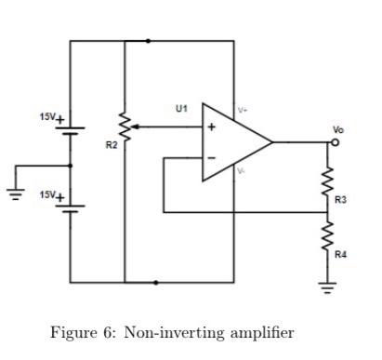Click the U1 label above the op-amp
tap(181, 109)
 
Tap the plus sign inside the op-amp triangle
tap(211, 127)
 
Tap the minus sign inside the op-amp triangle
tap(211, 158)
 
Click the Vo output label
tap(337, 129)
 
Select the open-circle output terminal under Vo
tap(336, 142)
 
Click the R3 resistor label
tap(340, 199)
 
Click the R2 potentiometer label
tap(112, 147)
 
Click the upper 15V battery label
tap(50, 117)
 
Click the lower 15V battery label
tap(50, 195)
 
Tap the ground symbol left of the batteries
tap(13, 194)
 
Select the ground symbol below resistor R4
tap(327, 287)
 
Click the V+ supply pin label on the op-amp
tap(243, 111)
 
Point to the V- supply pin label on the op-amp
tap(242, 171)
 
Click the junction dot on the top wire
tap(149, 41)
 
